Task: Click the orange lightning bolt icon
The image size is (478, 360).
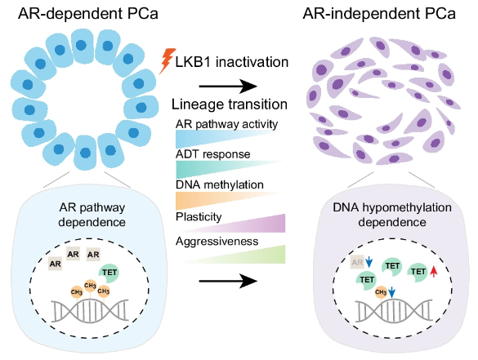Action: pos(167,60)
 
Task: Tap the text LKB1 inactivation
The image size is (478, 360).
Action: pos(232,62)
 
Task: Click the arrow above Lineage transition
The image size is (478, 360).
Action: pos(228,87)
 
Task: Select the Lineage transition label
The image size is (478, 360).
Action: pos(230,104)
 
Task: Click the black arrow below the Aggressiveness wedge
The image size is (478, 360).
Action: pos(228,281)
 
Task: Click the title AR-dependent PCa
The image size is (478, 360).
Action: pos(88,14)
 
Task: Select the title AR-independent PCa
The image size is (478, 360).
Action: pos(379,14)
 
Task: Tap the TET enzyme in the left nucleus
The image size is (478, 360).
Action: pos(109,273)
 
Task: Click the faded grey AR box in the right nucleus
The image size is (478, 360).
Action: pos(357,262)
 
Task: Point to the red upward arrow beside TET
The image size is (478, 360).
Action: pos(434,271)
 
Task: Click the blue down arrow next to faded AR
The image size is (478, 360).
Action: pos(369,262)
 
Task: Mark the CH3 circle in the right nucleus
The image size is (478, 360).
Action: pos(381,292)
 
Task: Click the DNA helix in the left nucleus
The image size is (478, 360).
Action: pos(90,311)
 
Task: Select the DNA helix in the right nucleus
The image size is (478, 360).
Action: pos(394,311)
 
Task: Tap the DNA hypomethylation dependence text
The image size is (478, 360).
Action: pos(392,215)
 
